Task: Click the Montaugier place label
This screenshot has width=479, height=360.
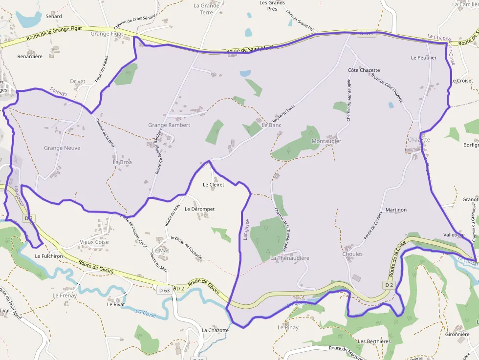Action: [x=326, y=141]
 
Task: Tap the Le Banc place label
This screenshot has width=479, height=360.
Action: [x=272, y=125]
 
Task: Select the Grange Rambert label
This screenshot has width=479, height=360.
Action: [x=169, y=125]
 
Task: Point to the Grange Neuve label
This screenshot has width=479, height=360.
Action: [x=62, y=148]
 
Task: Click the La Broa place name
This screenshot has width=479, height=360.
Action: [x=122, y=162]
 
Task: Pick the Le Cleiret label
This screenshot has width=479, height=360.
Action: [x=214, y=185]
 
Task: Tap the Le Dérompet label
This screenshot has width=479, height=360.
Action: [x=199, y=209]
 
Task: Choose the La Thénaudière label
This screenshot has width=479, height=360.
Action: [x=290, y=258]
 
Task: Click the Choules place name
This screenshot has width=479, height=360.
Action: [x=352, y=254]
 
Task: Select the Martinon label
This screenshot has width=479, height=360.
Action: [x=396, y=210]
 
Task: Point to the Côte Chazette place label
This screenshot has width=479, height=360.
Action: [x=364, y=70]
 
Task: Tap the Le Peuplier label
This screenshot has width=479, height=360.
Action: [x=424, y=58]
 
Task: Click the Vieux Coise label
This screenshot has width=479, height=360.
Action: [x=94, y=242]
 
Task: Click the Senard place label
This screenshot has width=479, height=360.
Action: [x=54, y=16]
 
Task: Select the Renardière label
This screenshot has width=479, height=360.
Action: [x=30, y=57]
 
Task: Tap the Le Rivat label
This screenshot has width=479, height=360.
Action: [x=116, y=304]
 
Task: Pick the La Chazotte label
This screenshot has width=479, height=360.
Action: [x=215, y=330]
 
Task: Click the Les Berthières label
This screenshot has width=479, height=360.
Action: [x=374, y=341]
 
